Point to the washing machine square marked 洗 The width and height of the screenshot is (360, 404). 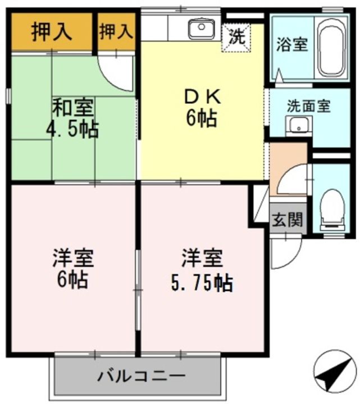236,38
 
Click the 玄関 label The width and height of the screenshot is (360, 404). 288,219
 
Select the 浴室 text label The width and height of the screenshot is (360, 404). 292,45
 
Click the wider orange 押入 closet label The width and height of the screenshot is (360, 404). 52,31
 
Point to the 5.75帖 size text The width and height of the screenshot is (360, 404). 202,284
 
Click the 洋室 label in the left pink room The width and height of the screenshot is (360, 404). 73,259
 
